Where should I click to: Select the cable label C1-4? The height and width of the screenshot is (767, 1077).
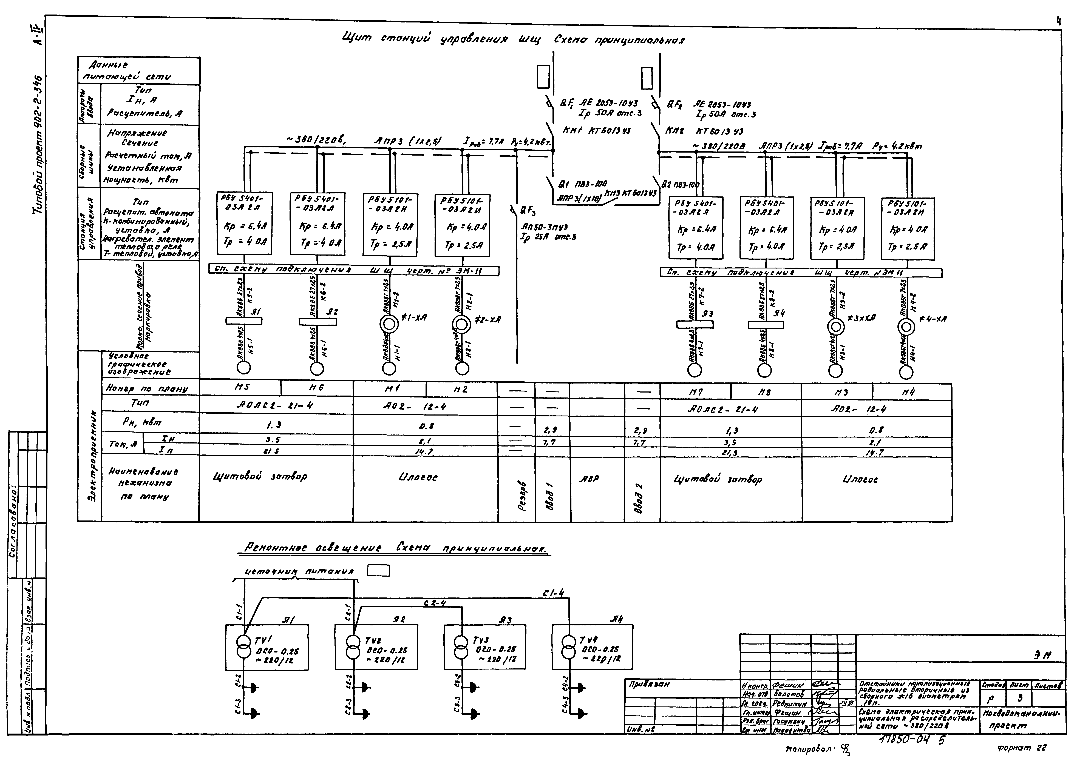(553, 593)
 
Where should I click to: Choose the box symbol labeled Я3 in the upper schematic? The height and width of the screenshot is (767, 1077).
(695, 324)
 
